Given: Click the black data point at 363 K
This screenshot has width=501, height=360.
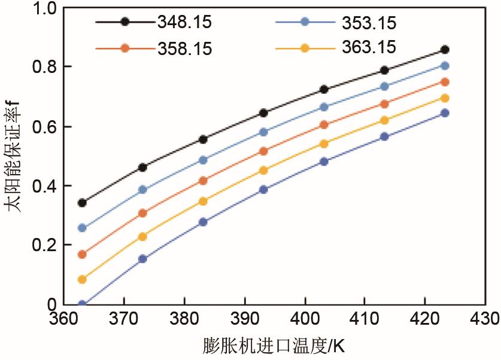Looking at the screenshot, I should tap(82, 203).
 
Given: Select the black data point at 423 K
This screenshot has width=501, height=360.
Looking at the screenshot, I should tap(445, 50).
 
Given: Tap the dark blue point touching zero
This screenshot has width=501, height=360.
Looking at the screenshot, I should tap(82, 304).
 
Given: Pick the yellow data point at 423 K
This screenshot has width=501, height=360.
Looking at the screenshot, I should tap(445, 98).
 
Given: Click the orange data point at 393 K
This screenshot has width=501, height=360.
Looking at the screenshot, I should tap(263, 151).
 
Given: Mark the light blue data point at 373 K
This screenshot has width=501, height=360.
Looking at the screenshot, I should tap(142, 190).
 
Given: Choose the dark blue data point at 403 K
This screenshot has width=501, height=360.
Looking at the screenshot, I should tap(324, 161).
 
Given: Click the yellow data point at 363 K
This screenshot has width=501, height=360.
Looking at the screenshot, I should tap(82, 279).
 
